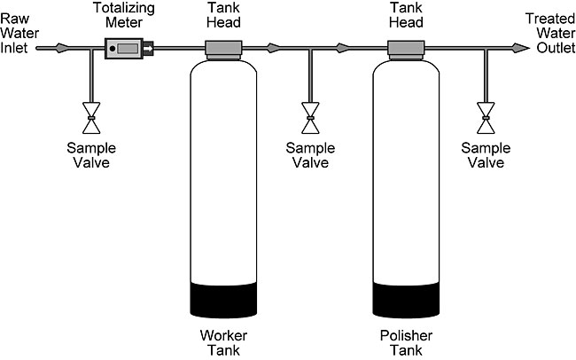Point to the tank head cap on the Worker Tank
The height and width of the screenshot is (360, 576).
coord(225,48)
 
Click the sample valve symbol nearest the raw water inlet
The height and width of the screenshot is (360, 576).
coord(91,112)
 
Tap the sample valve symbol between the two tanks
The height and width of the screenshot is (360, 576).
coord(310,112)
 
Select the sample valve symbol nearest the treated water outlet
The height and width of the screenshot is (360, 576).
coord(485,112)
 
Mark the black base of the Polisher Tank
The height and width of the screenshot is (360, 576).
coord(406,300)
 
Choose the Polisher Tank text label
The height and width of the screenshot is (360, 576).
coord(406,344)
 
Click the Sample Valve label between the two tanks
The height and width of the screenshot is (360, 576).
coord(310,156)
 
